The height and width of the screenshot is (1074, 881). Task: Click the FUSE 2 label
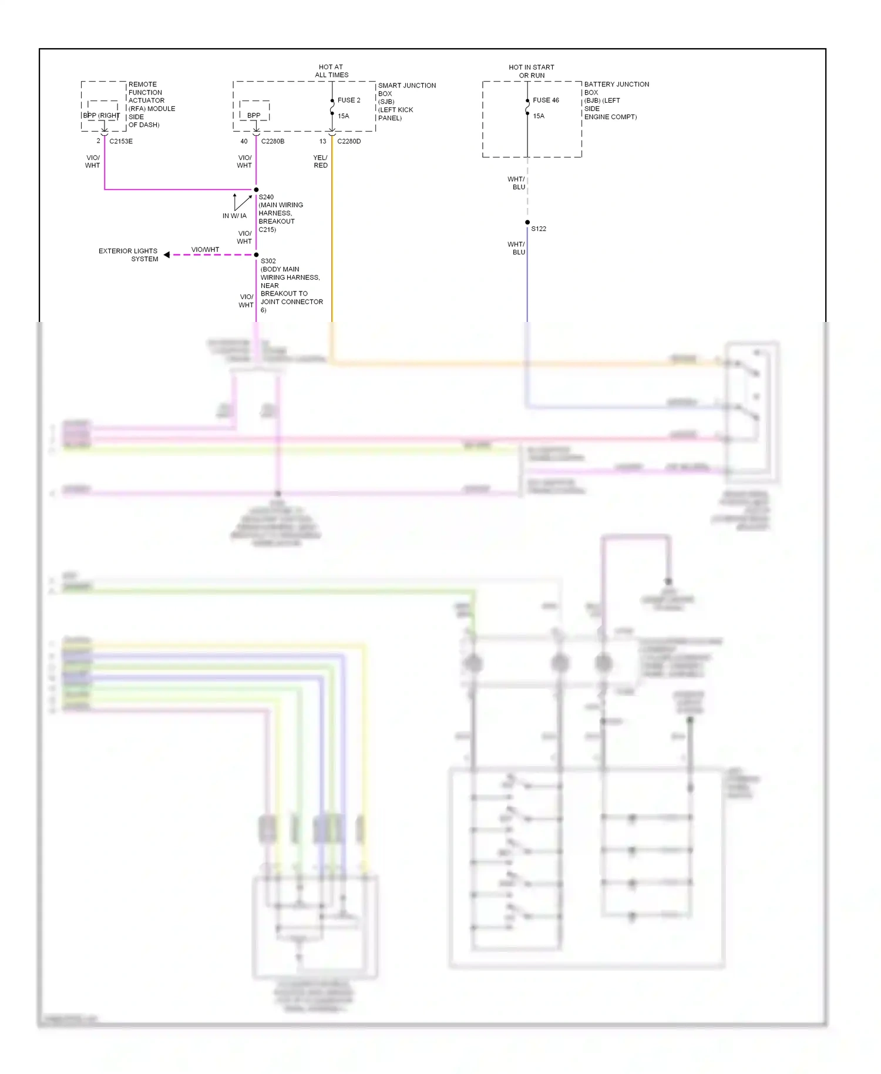click(349, 100)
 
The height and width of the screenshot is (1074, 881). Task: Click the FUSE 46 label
click(546, 100)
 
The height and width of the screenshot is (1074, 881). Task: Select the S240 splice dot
click(256, 190)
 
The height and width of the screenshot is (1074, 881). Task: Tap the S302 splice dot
click(256, 255)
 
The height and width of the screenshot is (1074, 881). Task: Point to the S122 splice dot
click(527, 223)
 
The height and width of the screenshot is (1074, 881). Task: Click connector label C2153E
click(121, 142)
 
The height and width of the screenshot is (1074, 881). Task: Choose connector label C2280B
click(273, 142)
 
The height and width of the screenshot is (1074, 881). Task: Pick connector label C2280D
click(349, 142)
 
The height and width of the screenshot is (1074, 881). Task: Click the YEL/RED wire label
click(320, 162)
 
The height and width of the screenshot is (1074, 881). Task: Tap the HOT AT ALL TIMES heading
click(331, 71)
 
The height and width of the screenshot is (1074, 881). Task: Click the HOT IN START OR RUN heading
click(532, 72)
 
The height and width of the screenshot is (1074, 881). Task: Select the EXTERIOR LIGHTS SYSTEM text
click(129, 255)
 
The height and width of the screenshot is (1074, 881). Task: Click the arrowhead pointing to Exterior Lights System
click(167, 255)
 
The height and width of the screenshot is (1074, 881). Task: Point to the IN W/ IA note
click(234, 216)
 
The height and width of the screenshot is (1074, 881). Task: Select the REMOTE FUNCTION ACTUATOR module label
click(151, 105)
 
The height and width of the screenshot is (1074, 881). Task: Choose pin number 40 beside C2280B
click(244, 142)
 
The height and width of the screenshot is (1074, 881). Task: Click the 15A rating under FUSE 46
click(539, 116)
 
